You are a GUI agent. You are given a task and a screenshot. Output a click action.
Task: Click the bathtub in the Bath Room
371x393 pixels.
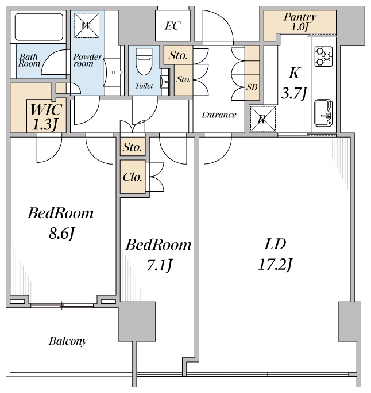[x=39, y=27]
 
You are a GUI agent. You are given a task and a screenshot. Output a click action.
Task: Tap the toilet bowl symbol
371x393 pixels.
[x=144, y=61]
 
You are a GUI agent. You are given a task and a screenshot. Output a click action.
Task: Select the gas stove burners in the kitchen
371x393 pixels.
[x=323, y=56]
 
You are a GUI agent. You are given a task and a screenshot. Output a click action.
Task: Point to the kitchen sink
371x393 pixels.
[x=323, y=113]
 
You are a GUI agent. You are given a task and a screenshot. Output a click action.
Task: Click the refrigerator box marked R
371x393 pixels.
[x=262, y=119]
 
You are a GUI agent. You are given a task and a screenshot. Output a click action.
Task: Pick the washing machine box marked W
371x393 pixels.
[x=87, y=25]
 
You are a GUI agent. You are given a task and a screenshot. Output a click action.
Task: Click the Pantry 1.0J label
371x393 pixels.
[x=300, y=22]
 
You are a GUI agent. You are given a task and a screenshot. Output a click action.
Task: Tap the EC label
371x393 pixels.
[x=173, y=26]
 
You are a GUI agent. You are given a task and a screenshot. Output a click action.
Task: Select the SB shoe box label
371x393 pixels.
[x=252, y=87]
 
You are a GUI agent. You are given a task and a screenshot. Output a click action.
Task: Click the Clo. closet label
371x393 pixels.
[x=133, y=177]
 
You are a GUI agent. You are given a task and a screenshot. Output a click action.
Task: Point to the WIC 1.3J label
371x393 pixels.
[x=46, y=117]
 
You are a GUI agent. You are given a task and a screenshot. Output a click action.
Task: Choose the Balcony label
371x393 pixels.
[x=68, y=341]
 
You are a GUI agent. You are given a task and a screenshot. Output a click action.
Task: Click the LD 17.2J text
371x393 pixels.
[x=275, y=254]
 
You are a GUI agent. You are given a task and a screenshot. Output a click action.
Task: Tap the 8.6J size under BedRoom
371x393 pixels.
[x=62, y=234]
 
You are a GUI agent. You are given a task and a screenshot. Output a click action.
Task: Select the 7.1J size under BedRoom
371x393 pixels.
[x=159, y=265]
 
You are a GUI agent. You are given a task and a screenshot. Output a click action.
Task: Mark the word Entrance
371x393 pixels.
[x=219, y=115]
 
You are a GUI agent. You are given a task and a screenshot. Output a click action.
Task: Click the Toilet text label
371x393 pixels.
[x=144, y=86]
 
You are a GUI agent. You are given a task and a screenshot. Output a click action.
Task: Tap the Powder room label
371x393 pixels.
[x=87, y=60]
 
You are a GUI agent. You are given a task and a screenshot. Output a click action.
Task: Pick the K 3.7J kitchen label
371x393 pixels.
[x=294, y=83]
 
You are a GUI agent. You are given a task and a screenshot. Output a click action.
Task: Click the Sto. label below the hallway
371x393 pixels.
[x=132, y=147]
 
